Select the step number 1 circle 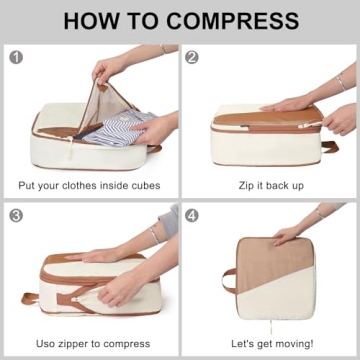coord(15,57)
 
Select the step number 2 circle coord(192,57)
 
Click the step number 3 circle coord(15,215)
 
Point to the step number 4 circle coord(192,215)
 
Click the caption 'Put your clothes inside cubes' coord(90,185)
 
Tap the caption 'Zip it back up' coord(270,185)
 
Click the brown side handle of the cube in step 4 coord(229,277)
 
